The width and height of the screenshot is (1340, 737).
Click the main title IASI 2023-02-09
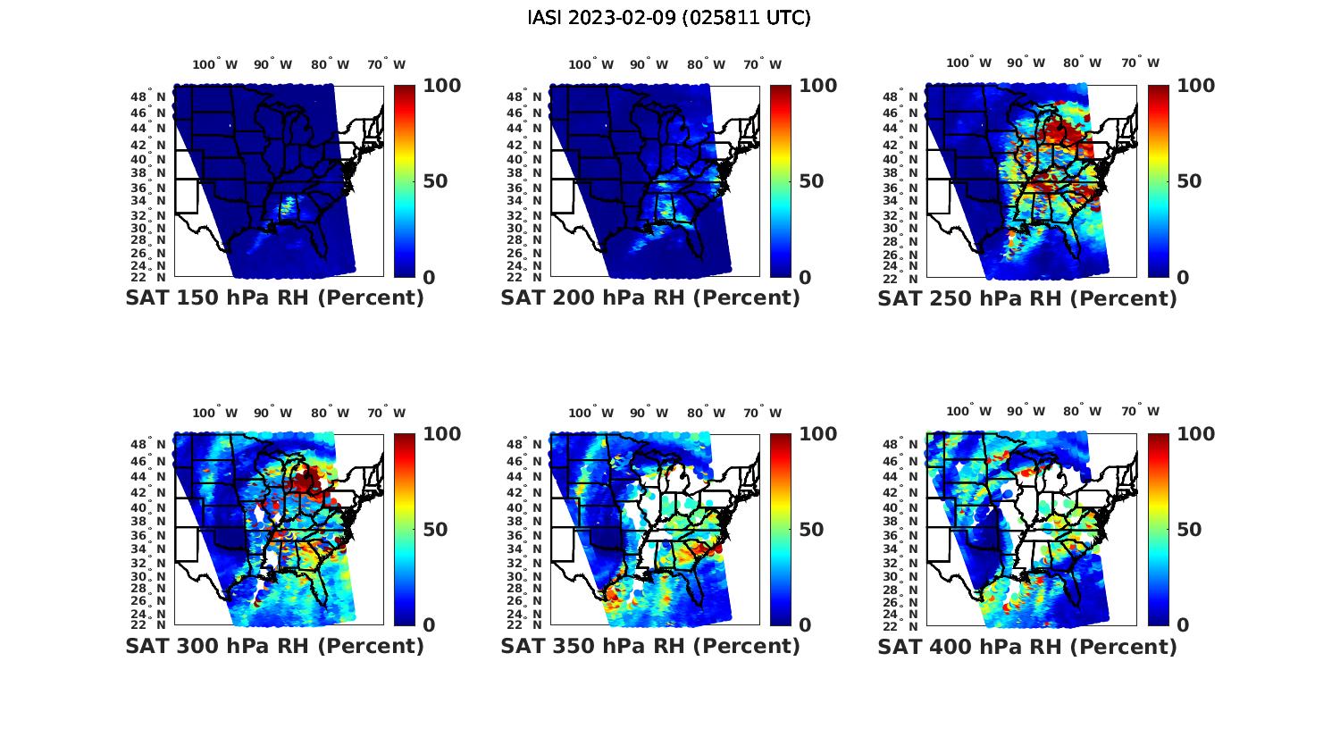(669, 18)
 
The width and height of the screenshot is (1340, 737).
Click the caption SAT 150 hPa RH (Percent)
(274, 298)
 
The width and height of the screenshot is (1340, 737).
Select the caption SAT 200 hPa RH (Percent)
(650, 298)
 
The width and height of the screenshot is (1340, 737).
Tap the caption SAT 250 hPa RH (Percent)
(1027, 298)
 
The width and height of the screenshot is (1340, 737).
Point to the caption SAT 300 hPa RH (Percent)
(274, 646)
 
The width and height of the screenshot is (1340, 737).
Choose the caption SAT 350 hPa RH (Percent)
(650, 646)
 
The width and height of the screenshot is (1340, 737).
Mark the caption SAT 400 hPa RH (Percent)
(1027, 646)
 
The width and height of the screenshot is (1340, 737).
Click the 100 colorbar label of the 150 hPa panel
(441, 86)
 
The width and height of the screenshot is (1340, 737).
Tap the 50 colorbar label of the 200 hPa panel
(810, 181)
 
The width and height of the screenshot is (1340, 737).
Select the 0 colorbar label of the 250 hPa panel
(1183, 278)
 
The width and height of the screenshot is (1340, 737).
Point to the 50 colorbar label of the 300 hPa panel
(434, 530)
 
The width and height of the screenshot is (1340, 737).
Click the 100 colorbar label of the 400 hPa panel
(1196, 434)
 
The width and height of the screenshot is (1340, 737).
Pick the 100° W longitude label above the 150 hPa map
(215, 64)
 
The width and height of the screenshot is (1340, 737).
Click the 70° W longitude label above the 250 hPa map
(1140, 63)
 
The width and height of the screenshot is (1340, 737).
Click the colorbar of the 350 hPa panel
(781, 530)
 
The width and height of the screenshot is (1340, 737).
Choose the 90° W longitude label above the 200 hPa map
(649, 64)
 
